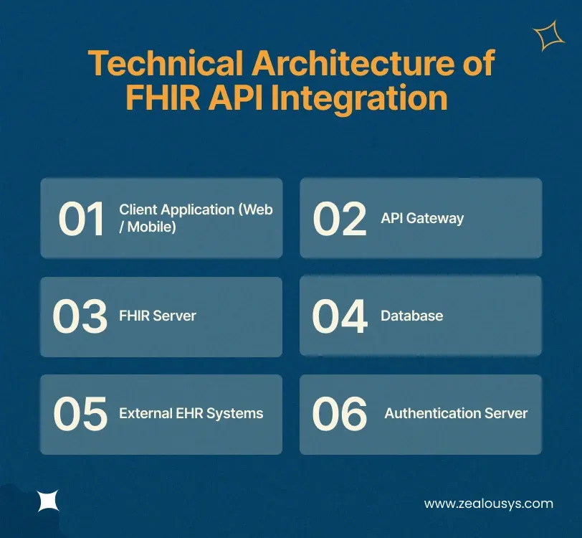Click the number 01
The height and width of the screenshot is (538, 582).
click(81, 219)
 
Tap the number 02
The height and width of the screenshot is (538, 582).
click(340, 219)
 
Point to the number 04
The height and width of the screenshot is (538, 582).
click(340, 316)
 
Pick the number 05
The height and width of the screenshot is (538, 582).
click(80, 414)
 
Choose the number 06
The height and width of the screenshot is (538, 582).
click(340, 414)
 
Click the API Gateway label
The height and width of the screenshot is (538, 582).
click(422, 218)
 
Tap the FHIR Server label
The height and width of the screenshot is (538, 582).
click(157, 316)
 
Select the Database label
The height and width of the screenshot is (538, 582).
click(411, 316)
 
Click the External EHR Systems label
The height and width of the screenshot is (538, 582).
click(191, 413)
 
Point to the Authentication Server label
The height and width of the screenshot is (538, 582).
click(456, 413)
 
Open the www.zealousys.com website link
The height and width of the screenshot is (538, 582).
click(488, 504)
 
